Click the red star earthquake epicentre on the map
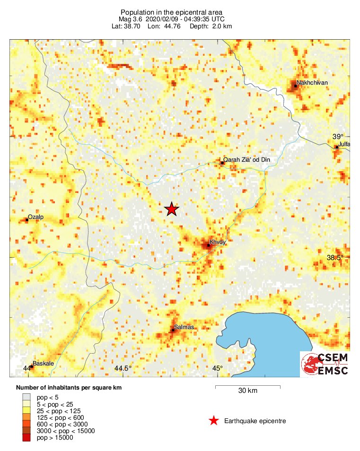point(171,209)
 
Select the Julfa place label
point(344,144)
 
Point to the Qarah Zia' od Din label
point(246,160)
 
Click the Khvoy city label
point(219,242)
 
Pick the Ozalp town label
point(36,217)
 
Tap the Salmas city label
point(184,327)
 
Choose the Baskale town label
point(43,364)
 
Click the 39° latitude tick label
point(337,136)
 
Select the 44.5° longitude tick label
point(123,369)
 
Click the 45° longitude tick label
point(217,369)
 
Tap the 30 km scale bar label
point(247,391)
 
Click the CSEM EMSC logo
point(325,364)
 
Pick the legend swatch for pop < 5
point(26,398)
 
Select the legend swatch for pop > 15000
point(26,438)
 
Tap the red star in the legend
point(214,421)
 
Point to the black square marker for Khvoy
point(209,245)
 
